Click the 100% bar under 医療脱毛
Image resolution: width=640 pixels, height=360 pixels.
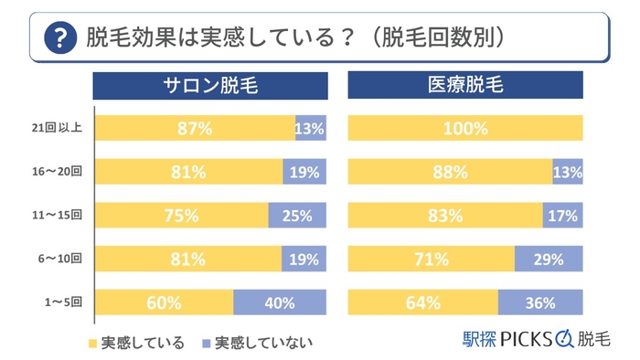tap(465, 129)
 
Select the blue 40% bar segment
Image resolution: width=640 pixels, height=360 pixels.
tap(280, 302)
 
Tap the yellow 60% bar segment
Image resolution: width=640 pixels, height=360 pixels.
tap(164, 302)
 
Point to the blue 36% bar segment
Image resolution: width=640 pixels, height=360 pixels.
tap(540, 302)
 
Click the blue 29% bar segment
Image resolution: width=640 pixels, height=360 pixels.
tap(549, 259)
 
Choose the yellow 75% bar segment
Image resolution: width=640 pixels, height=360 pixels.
tap(181, 216)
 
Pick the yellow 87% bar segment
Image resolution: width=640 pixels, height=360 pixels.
tap(194, 129)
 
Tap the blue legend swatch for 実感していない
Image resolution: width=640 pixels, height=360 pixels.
tap(207, 344)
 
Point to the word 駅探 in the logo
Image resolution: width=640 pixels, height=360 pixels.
tap(481, 339)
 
